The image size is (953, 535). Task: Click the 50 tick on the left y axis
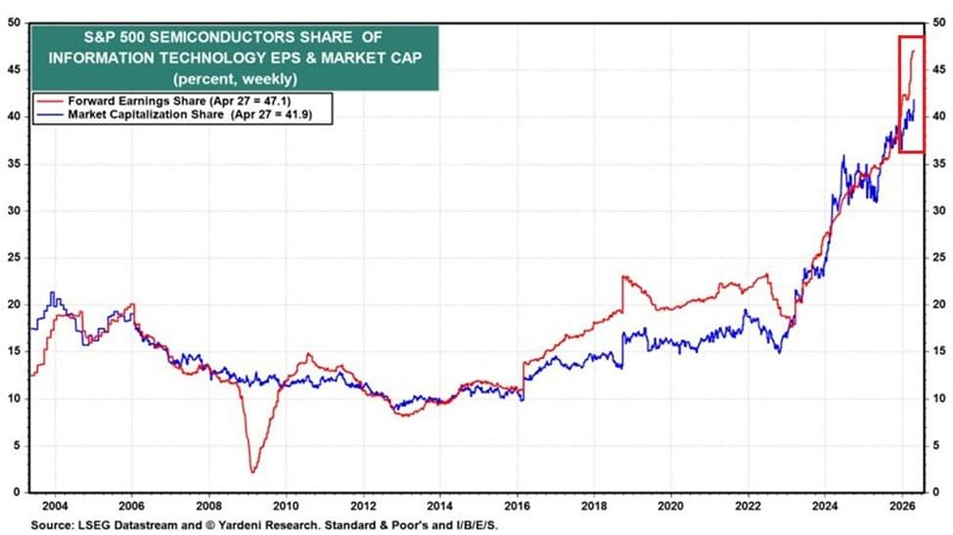tap(15, 22)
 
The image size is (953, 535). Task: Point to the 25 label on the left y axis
tap(15, 257)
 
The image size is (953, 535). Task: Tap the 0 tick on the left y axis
tap(19, 492)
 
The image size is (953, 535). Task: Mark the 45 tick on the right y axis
tap(936, 68)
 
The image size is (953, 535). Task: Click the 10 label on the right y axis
tap(936, 398)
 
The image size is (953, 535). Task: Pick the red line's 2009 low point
tap(252, 472)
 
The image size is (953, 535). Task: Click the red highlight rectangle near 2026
tap(912, 94)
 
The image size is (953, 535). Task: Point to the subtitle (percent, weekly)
tap(235, 77)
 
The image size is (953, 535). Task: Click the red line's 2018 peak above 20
tap(623, 277)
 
